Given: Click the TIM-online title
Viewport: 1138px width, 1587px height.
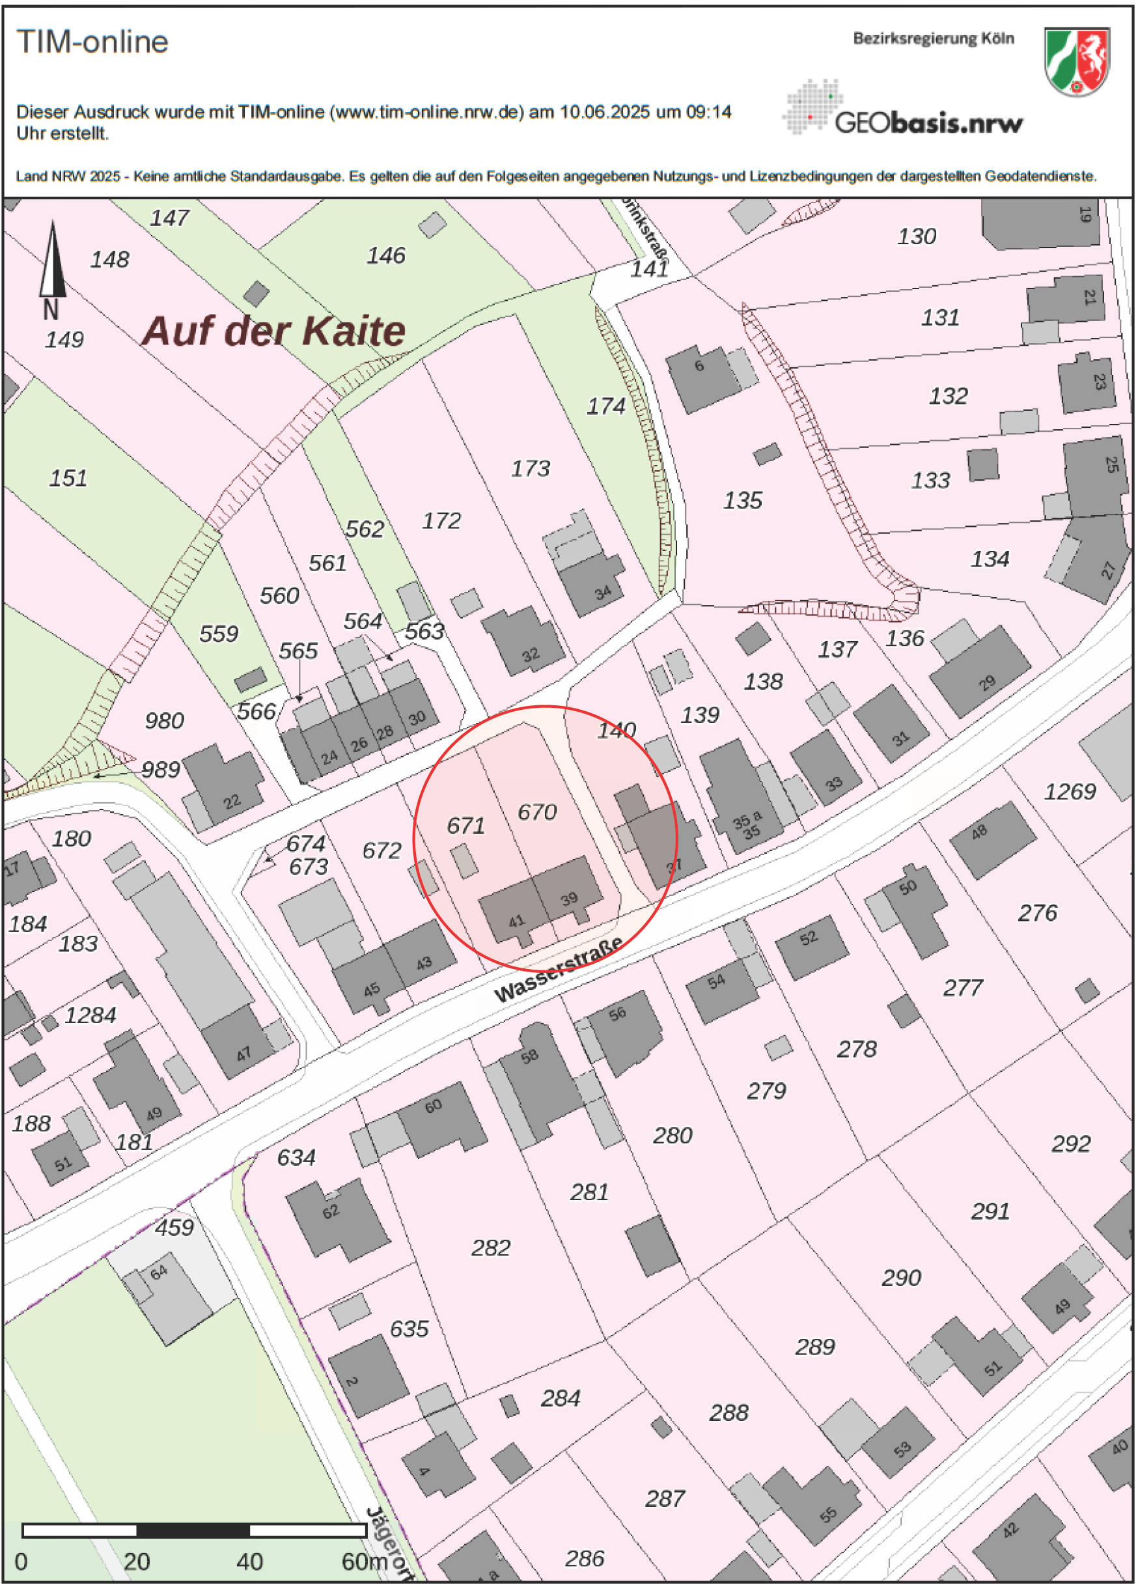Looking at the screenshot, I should (x=92, y=42).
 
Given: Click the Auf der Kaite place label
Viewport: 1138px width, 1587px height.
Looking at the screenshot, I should (x=273, y=331).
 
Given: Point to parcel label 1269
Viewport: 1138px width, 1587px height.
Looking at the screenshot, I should (x=1069, y=792).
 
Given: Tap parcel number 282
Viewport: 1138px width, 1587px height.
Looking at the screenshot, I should (x=490, y=1248).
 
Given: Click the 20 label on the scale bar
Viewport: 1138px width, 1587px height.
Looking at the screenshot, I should (x=137, y=1562).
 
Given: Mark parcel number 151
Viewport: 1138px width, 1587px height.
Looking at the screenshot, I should (x=68, y=479).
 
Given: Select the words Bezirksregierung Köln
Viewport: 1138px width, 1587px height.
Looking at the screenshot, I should (x=932, y=39).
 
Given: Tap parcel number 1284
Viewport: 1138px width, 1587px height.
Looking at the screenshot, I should (x=90, y=1015).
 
